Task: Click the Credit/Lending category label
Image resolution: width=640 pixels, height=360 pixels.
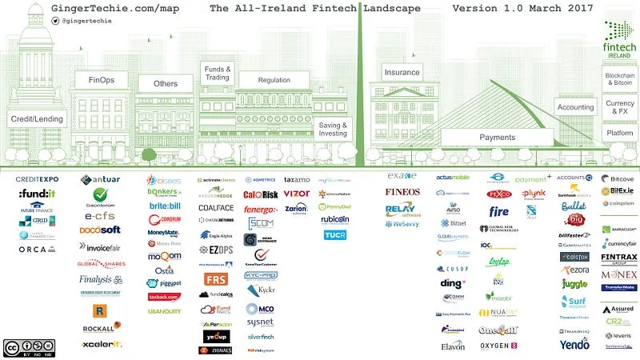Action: pyautogui.click(x=35, y=118)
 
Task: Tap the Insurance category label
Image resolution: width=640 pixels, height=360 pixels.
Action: pyautogui.click(x=402, y=72)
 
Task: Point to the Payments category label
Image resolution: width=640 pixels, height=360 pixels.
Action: pyautogui.click(x=497, y=137)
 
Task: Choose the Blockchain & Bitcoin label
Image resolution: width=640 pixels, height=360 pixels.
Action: pyautogui.click(x=620, y=78)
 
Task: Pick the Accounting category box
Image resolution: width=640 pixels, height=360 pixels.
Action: pyautogui.click(x=575, y=107)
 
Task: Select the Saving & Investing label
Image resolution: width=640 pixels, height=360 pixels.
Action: pyautogui.click(x=333, y=130)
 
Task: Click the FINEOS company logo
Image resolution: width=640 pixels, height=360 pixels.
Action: pyautogui.click(x=402, y=192)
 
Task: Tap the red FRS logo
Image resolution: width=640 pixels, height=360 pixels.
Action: pyautogui.click(x=215, y=279)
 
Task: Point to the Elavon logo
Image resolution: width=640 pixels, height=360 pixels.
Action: pyautogui.click(x=453, y=346)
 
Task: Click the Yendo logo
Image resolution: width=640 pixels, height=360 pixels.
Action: pyautogui.click(x=575, y=345)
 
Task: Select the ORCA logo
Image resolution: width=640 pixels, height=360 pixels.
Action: pyautogui.click(x=37, y=249)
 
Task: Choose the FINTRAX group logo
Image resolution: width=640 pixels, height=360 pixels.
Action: pyautogui.click(x=619, y=258)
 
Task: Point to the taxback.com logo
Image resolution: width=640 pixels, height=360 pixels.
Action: pyautogui.click(x=163, y=297)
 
